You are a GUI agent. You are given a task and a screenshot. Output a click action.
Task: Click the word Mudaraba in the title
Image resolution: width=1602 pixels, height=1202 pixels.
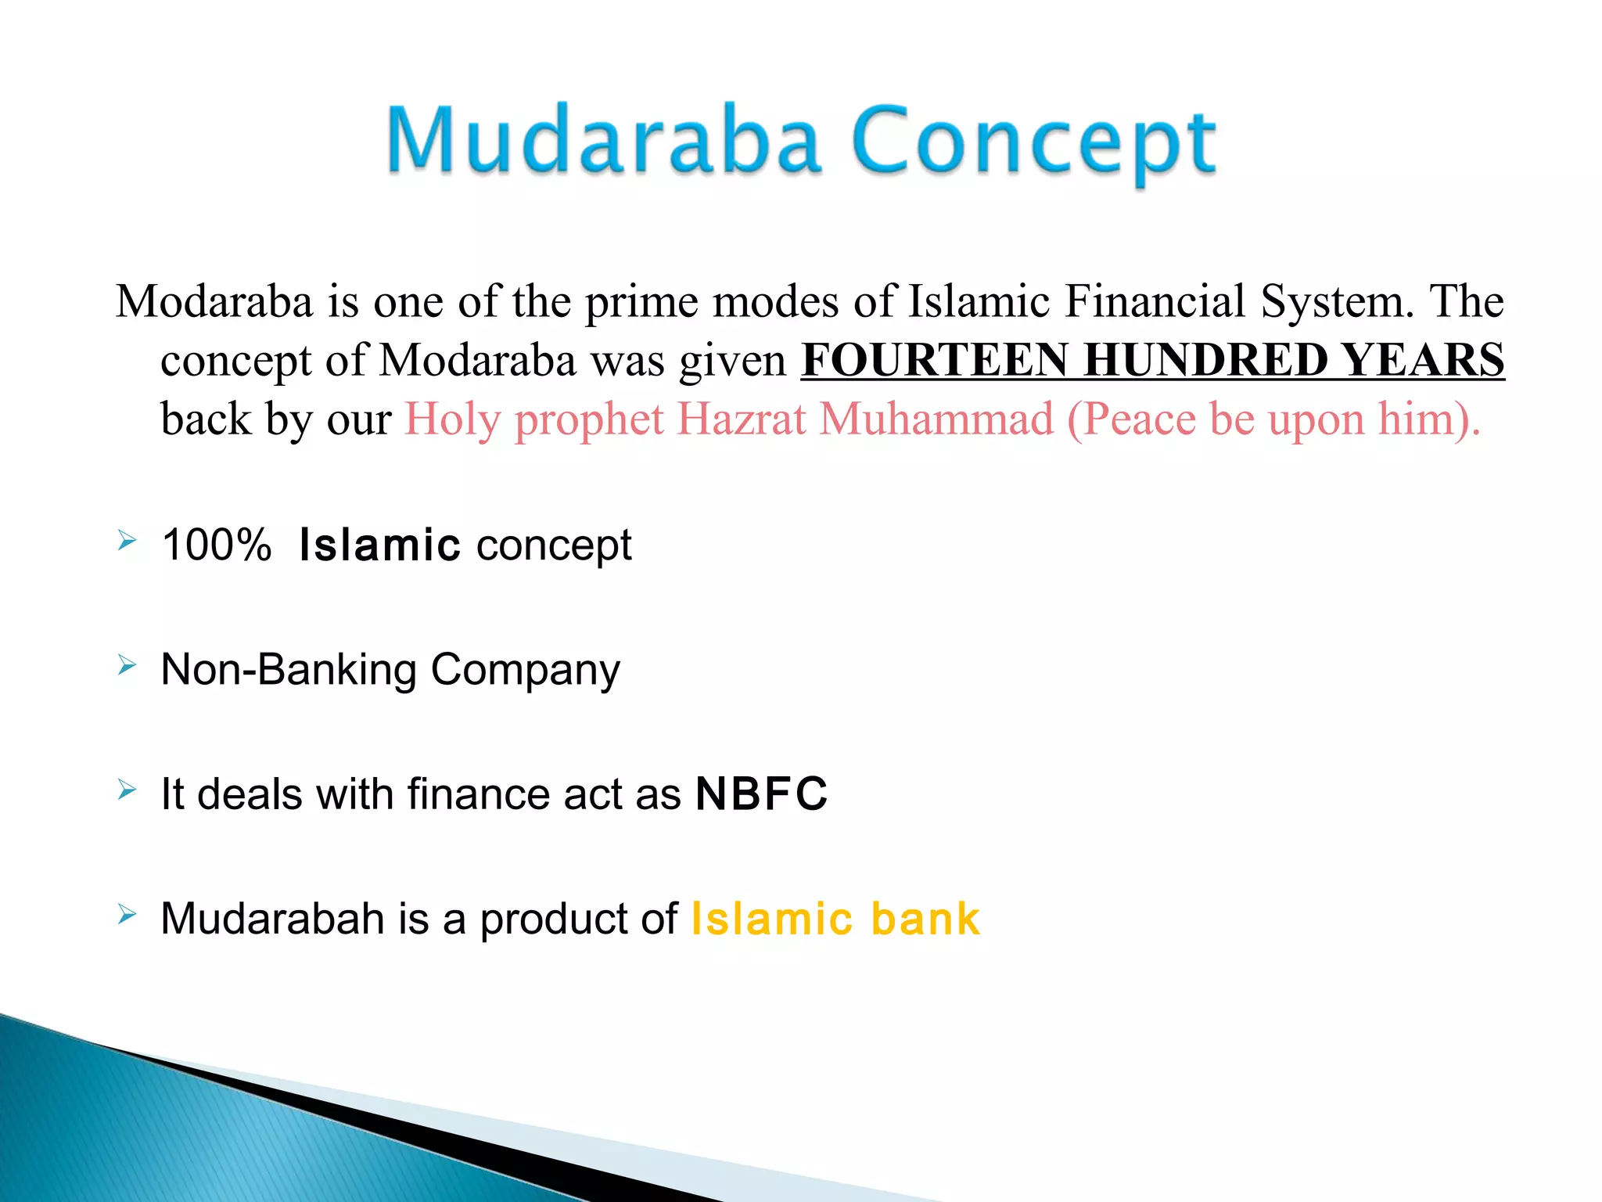click(603, 141)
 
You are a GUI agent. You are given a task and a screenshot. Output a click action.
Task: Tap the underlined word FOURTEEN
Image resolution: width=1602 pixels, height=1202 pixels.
click(935, 360)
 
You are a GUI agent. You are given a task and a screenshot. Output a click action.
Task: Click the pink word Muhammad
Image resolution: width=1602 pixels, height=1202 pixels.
click(936, 419)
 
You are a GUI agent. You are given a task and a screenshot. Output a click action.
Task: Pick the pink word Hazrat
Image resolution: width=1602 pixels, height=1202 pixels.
click(741, 419)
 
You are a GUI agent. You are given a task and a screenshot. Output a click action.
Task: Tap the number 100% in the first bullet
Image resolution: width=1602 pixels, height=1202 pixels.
click(216, 545)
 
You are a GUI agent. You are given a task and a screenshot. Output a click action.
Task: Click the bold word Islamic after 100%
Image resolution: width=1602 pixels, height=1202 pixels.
click(379, 545)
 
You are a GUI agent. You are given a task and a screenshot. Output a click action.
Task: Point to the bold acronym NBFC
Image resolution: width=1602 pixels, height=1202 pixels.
click(761, 794)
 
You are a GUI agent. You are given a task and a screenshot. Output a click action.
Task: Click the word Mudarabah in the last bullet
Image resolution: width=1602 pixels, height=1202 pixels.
click(272, 919)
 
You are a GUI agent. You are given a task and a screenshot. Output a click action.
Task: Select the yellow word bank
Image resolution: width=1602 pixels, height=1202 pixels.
click(925, 919)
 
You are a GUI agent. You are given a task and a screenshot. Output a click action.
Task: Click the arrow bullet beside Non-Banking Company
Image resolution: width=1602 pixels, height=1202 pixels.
click(128, 666)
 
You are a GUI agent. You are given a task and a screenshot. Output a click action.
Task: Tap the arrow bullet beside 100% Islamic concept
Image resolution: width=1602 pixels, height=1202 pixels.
click(128, 541)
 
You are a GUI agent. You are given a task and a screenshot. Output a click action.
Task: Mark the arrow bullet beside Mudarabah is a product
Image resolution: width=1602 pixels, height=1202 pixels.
click(128, 914)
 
